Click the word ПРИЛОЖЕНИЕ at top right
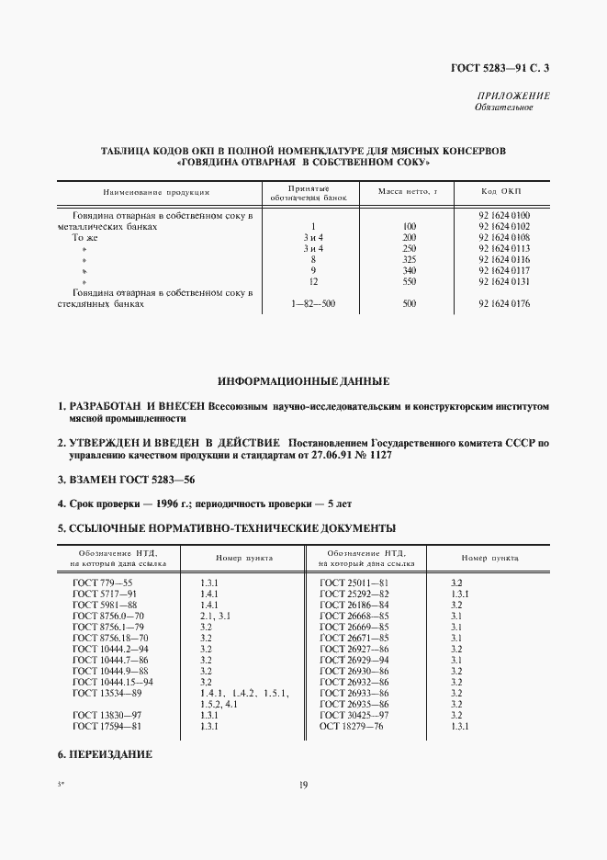click(513, 96)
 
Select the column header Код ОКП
click(500, 192)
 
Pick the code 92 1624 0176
click(504, 303)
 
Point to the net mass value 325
click(410, 259)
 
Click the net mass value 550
click(410, 281)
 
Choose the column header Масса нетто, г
click(409, 192)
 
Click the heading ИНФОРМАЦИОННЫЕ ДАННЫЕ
click(303, 379)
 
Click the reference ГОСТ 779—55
click(103, 583)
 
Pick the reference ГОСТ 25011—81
click(354, 583)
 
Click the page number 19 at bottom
click(303, 785)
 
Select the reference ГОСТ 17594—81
click(106, 726)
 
